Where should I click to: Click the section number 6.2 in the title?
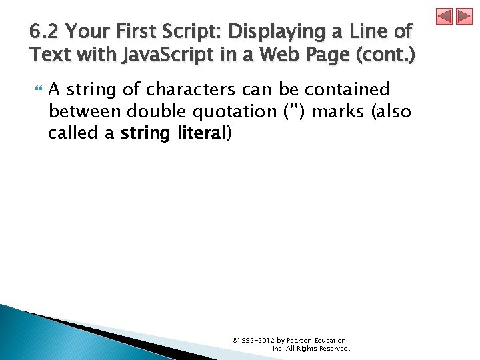click(44, 31)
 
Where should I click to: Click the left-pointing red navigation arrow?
click(445, 17)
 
